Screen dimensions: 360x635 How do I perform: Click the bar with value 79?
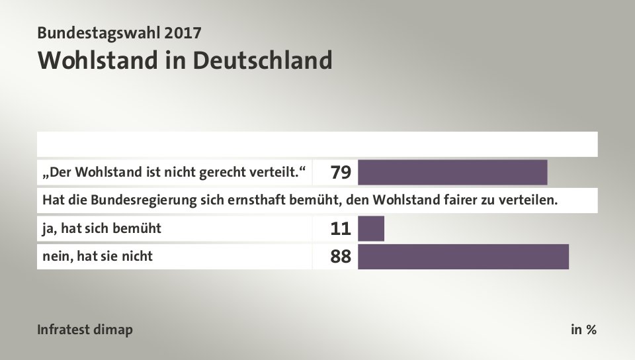(452, 172)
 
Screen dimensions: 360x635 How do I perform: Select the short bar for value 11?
(370, 229)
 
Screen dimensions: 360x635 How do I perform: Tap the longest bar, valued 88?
(463, 257)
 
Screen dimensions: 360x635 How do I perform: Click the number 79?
(340, 173)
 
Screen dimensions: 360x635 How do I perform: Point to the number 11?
(340, 230)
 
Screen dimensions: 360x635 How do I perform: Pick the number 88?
(340, 257)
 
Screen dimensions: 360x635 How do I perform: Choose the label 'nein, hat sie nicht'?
(97, 256)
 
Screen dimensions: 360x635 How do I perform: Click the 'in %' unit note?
(583, 330)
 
